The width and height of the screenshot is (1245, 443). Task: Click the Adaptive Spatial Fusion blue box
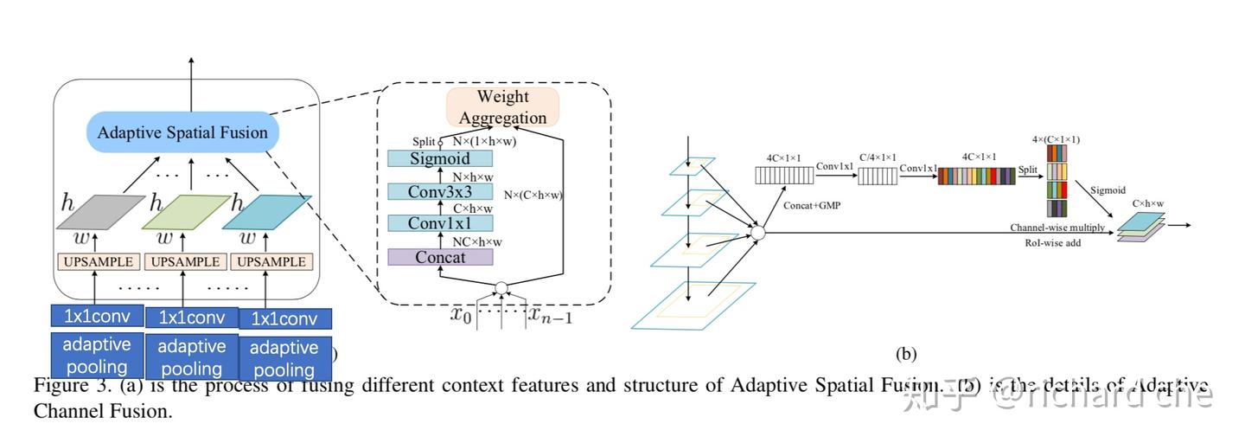(183, 133)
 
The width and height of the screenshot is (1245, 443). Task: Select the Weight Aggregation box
(502, 107)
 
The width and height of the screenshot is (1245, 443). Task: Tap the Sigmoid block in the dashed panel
(440, 158)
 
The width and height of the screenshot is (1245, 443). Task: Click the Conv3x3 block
(440, 191)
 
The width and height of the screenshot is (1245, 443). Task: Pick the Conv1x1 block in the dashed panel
(440, 224)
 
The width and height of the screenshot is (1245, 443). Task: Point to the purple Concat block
(440, 257)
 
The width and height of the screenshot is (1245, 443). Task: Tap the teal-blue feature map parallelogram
(265, 212)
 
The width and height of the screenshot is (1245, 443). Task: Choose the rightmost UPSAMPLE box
(271, 261)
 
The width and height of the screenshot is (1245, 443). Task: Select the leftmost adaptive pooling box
(96, 355)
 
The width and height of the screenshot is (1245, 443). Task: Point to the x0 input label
(460, 314)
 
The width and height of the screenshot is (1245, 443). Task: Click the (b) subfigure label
(905, 353)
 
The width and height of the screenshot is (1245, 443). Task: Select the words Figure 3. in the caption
(65, 385)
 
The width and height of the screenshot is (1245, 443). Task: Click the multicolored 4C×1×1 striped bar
(978, 177)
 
